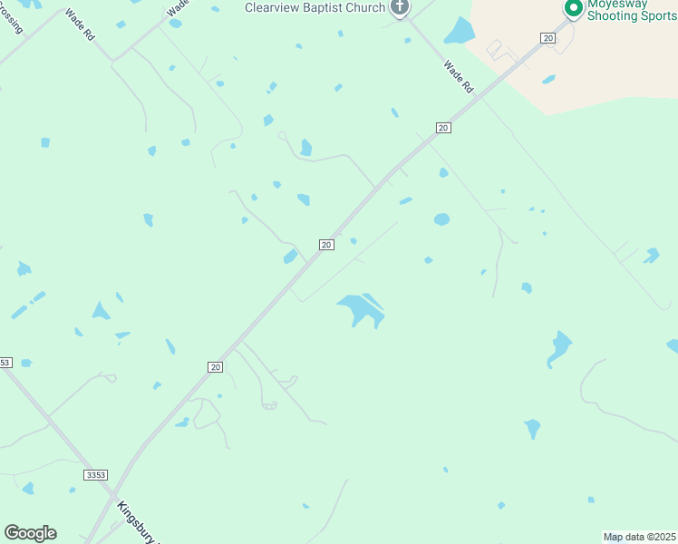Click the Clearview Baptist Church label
tap(315, 7)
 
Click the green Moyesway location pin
tap(573, 9)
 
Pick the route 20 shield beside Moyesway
tap(547, 38)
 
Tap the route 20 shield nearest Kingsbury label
tap(215, 366)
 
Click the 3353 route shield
tap(94, 474)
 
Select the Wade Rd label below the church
tap(459, 77)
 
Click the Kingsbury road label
tap(136, 521)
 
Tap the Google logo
tap(30, 533)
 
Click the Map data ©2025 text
tap(640, 537)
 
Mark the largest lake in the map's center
tap(363, 309)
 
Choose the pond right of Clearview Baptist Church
tap(460, 32)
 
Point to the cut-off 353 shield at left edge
tap(5, 362)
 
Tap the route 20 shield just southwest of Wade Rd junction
tap(442, 128)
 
